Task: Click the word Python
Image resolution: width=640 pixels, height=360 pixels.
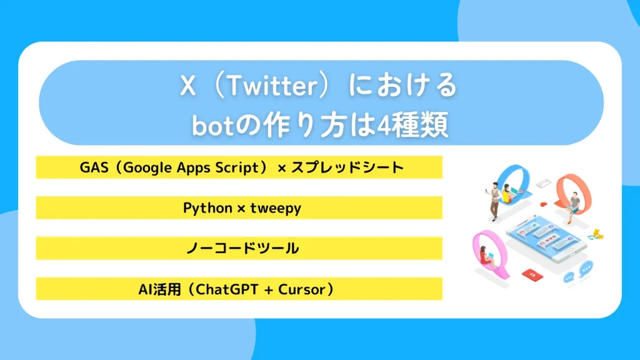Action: click(x=207, y=208)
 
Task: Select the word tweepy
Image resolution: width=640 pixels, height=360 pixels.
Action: click(x=276, y=208)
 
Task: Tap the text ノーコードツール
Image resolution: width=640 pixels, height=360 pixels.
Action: click(x=242, y=249)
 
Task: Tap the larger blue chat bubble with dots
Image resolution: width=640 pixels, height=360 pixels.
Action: click(x=586, y=270)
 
